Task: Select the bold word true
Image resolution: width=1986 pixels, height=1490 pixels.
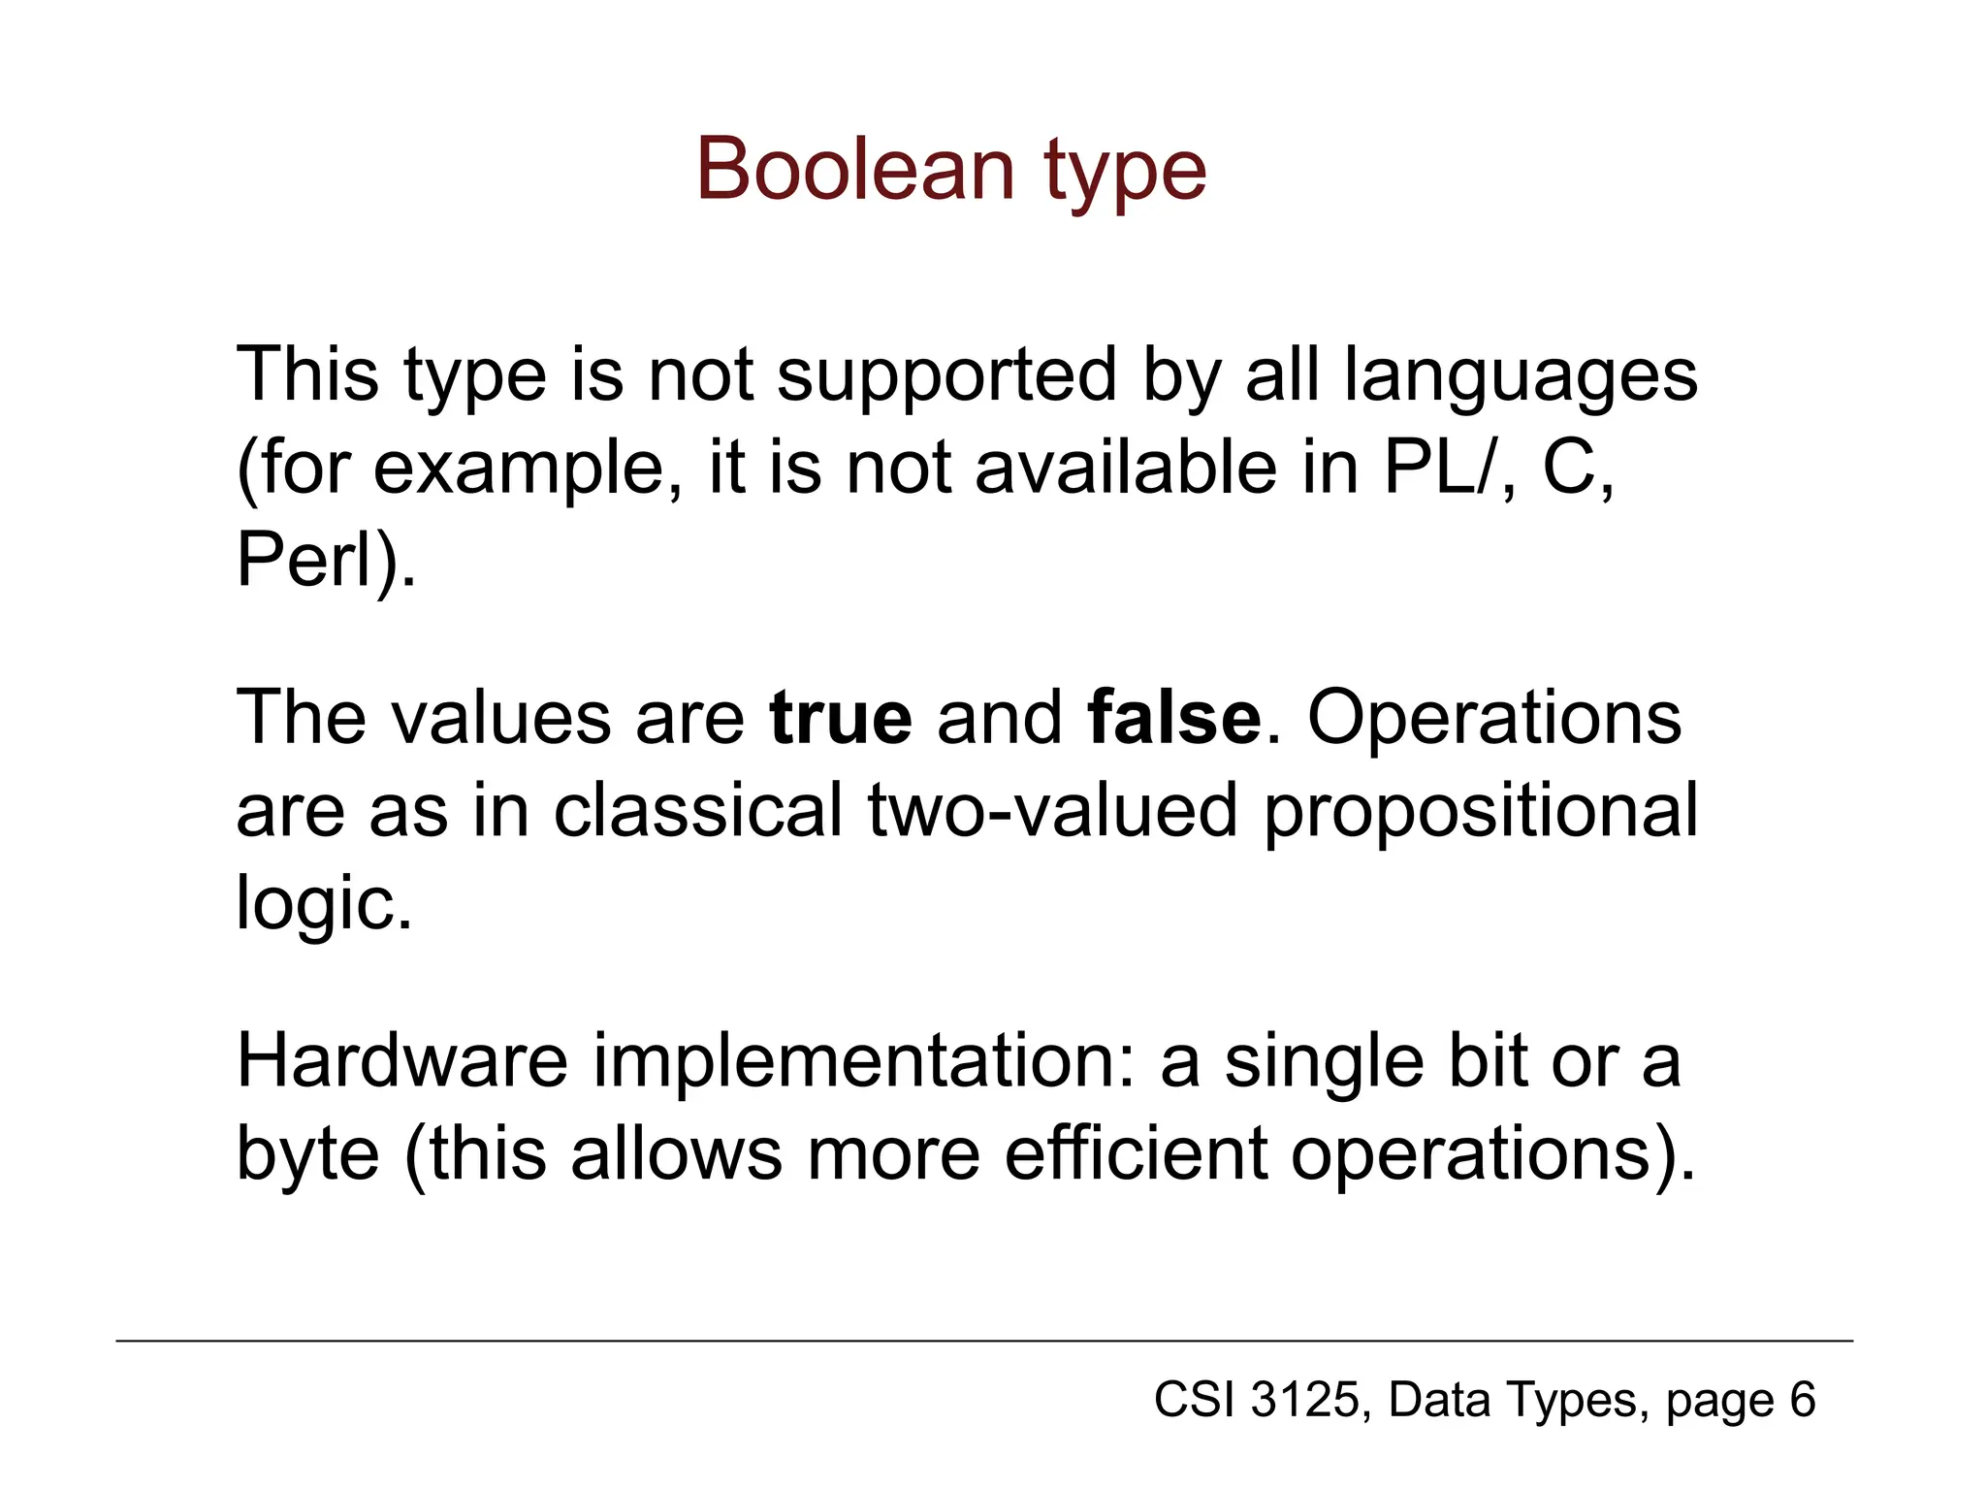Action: pos(841,718)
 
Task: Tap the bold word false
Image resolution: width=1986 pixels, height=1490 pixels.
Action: pos(1174,718)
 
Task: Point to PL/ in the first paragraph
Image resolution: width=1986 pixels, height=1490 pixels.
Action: pos(1435,469)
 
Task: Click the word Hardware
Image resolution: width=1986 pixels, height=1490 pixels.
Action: pos(401,1061)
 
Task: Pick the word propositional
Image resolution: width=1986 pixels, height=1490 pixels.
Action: pos(1481,811)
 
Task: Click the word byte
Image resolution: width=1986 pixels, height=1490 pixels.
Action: pos(307,1154)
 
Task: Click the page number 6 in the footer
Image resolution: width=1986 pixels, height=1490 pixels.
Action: pos(1802,1400)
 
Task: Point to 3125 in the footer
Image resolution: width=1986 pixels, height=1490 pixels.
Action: pos(1306,1400)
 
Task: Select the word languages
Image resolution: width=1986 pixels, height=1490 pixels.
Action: pos(1520,376)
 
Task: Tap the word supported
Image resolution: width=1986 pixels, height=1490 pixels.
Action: pos(947,376)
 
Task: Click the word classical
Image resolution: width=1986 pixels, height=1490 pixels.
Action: pos(698,811)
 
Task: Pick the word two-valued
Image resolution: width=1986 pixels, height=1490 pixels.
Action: pos(1053,811)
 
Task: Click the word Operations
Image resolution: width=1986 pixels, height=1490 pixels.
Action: pos(1494,718)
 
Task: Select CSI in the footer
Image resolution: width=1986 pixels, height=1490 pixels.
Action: pos(1195,1400)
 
